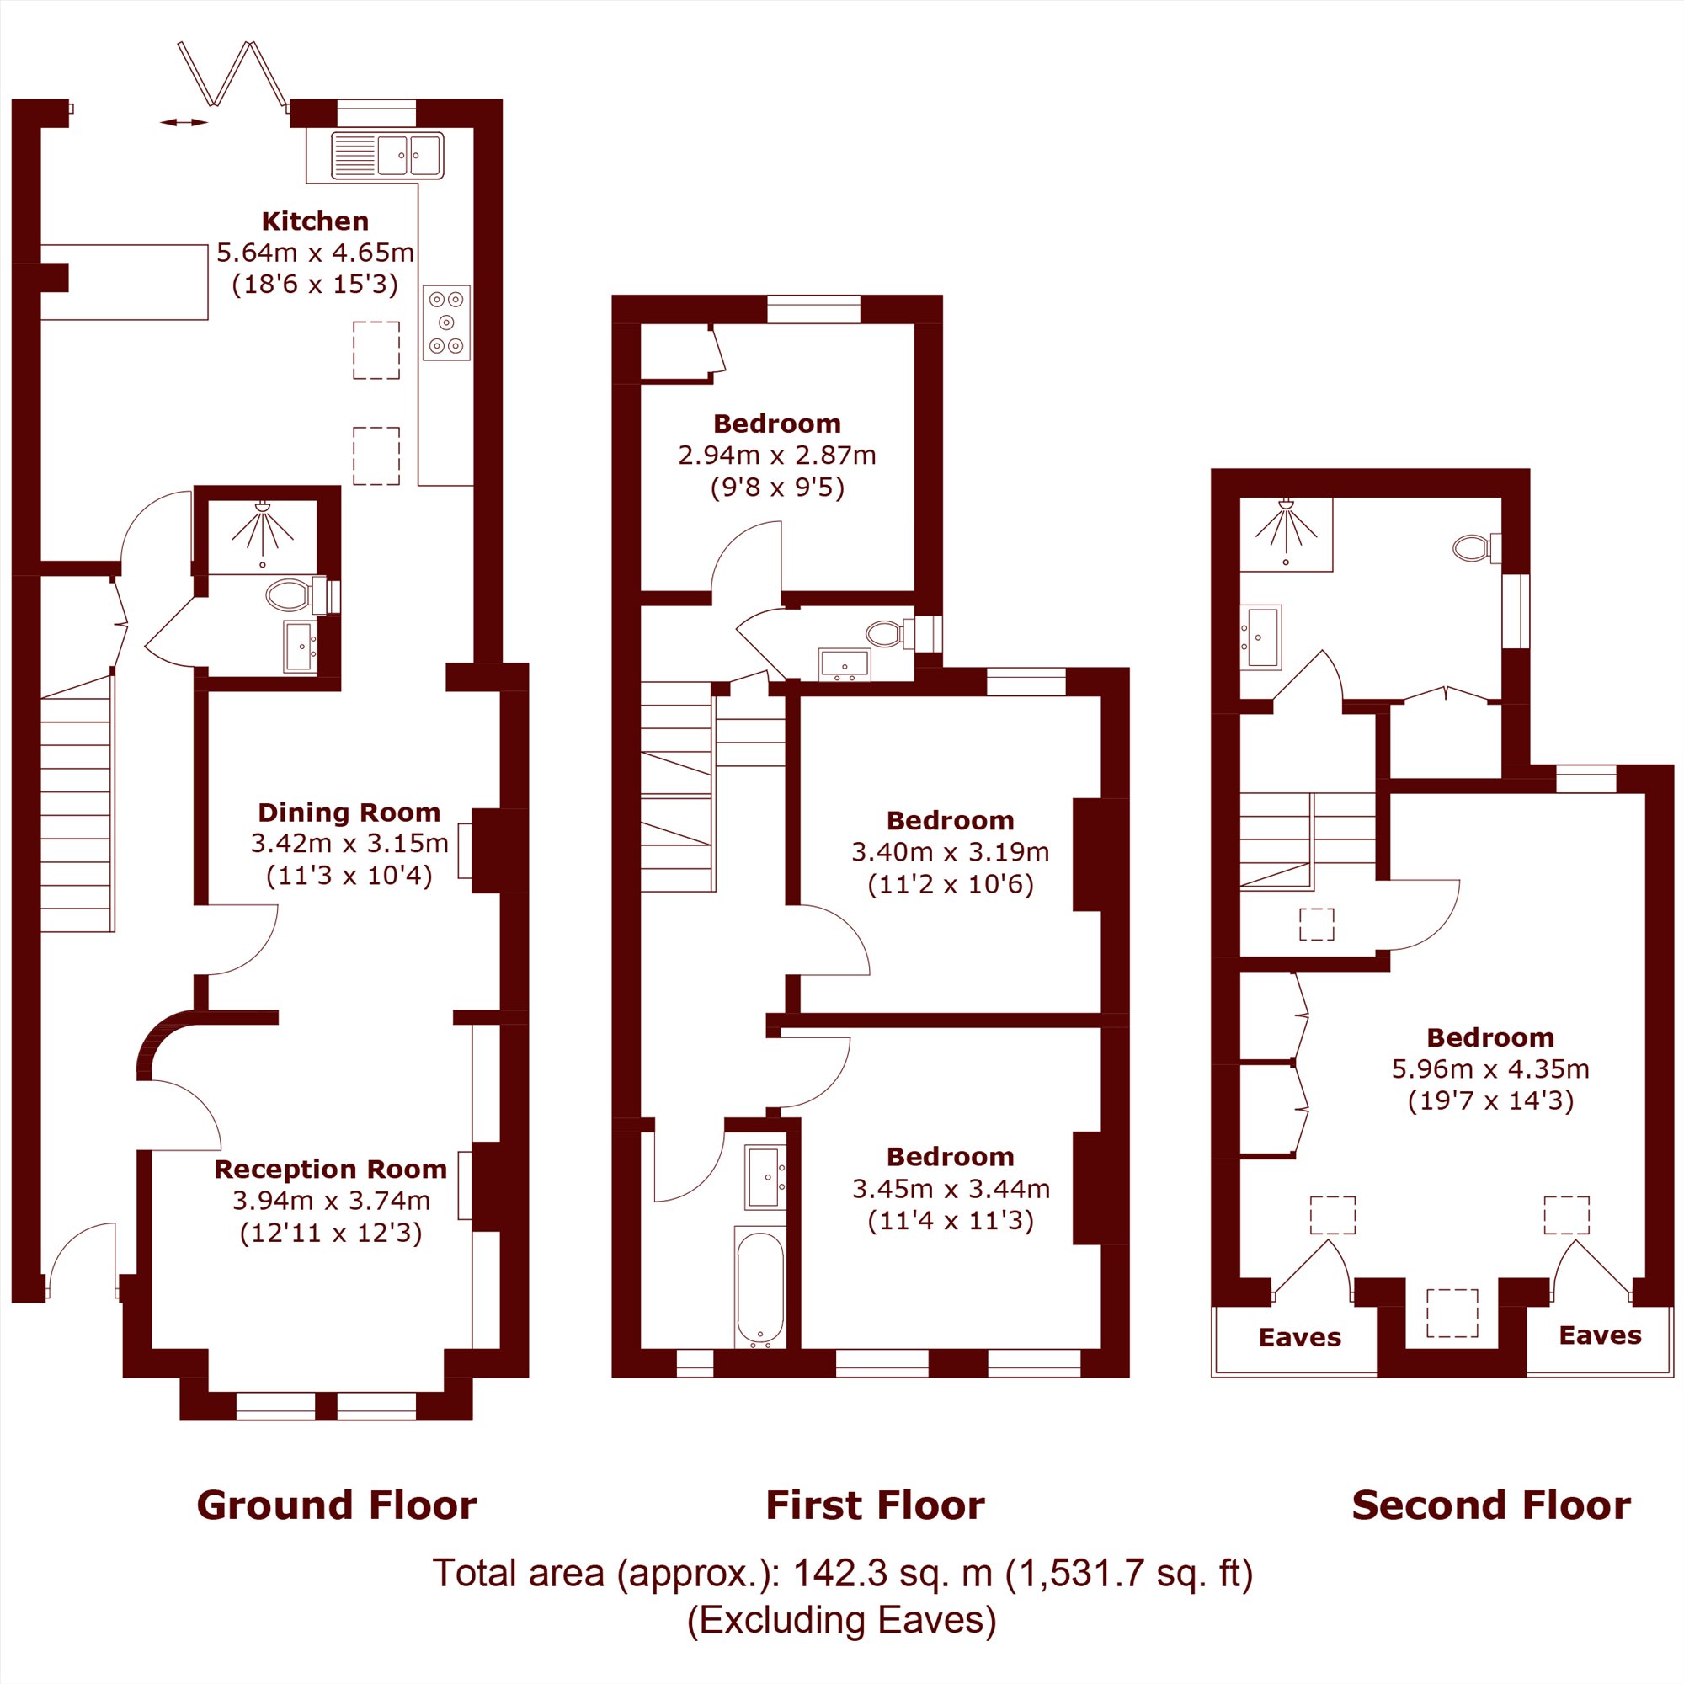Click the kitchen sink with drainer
[x=387, y=155]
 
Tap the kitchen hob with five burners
[x=446, y=322]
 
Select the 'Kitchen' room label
[x=315, y=221]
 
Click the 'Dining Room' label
[x=349, y=813]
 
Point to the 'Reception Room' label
[x=330, y=1169]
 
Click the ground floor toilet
[x=296, y=596]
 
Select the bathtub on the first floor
[x=760, y=1288]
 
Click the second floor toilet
[x=1477, y=547]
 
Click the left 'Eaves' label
[x=1299, y=1337]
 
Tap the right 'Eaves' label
[x=1601, y=1335]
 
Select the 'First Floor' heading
[x=875, y=1505]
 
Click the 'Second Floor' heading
[x=1491, y=1505]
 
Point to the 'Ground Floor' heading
[x=337, y=1505]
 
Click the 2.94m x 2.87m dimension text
[x=776, y=455]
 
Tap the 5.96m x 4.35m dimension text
[x=1490, y=1068]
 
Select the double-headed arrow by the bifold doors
[x=184, y=123]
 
